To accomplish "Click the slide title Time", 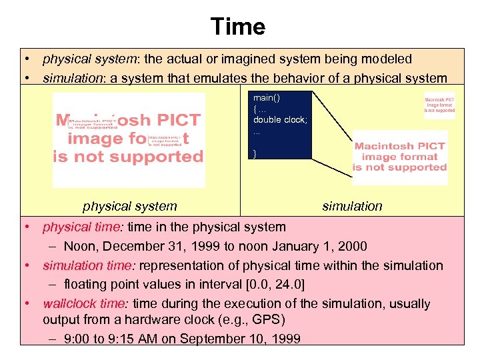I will click(238, 27).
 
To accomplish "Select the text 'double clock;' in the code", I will click(279, 119).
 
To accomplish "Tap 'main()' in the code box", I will click(267, 98).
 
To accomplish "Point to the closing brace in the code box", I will click(255, 153).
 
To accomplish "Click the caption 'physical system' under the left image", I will click(130, 207).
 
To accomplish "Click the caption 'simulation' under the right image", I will click(352, 207).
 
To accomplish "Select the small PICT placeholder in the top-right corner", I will click(440, 105).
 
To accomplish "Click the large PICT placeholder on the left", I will click(128, 139).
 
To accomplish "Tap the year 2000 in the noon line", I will click(353, 247).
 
